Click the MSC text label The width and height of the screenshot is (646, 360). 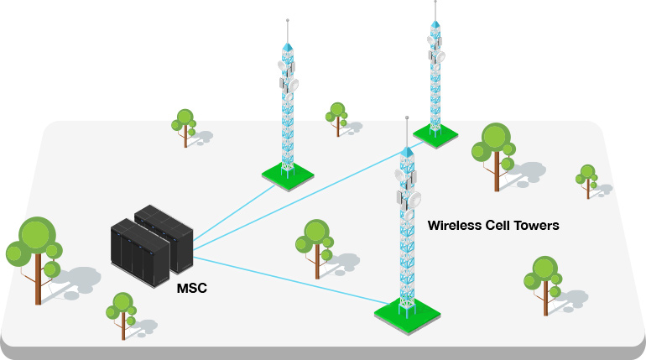tap(191, 289)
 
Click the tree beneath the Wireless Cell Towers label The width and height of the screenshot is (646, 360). tap(542, 277)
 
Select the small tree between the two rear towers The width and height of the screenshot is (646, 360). tap(337, 116)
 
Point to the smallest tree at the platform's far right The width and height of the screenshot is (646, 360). tap(586, 178)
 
